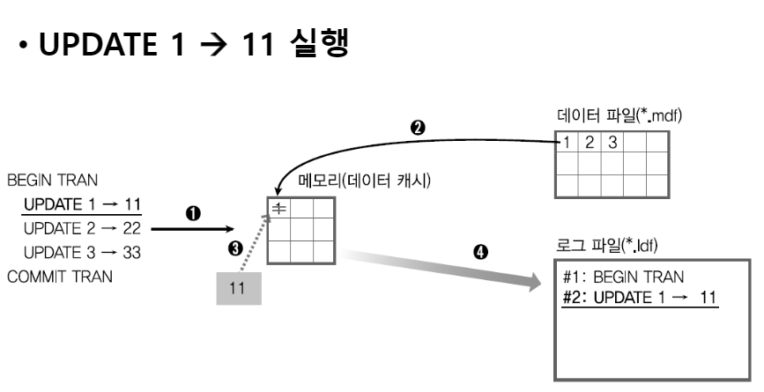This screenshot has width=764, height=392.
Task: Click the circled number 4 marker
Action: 479,252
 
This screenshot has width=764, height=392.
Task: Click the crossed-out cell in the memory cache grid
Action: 278,209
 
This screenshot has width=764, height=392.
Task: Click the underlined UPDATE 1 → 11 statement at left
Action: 83,205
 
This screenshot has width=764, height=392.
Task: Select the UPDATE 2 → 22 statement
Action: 83,226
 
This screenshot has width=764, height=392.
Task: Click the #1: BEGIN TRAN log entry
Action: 622,275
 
